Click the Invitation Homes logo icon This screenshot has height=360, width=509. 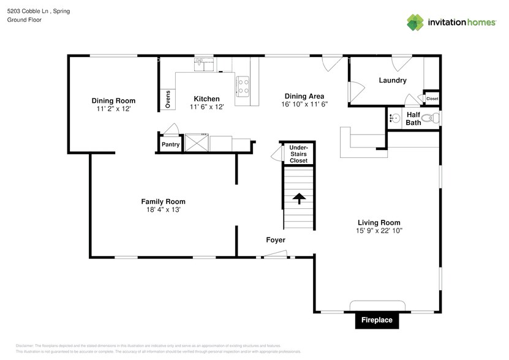416,22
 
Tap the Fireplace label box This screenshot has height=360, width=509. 376,320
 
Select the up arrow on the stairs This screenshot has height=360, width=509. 299,198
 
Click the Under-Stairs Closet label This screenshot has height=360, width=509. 298,154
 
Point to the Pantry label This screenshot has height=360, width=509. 170,144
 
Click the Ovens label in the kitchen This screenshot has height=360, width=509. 168,100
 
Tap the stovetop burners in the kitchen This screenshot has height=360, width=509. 243,85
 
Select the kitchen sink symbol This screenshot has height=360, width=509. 204,64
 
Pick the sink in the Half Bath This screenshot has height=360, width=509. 394,118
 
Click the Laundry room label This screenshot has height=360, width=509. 393,80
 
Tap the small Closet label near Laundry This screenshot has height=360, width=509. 432,99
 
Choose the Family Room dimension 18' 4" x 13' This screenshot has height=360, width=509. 163,209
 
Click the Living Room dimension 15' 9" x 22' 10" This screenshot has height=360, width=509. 379,230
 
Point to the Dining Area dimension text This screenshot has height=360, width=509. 304,104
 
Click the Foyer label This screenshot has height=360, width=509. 276,240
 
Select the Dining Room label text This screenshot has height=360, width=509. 113,100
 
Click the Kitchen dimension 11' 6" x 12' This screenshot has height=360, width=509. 206,107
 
